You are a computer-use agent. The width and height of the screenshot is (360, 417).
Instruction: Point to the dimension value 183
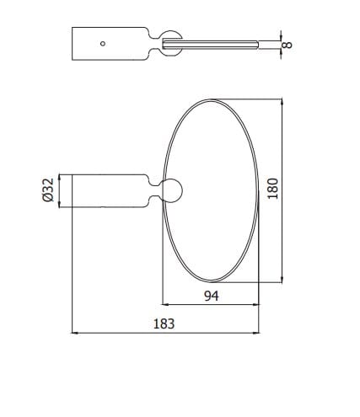(166, 324)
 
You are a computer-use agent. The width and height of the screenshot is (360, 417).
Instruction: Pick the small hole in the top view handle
(102, 43)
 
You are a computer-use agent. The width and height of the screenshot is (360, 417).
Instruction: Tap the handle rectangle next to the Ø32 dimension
(110, 190)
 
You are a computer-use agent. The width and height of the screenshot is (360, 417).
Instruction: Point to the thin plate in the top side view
(219, 43)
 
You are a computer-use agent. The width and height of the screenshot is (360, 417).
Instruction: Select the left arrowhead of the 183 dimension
(75, 334)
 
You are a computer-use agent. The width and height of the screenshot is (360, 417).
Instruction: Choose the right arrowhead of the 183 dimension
(257, 334)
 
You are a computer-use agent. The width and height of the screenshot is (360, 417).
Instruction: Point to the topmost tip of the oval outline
(211, 99)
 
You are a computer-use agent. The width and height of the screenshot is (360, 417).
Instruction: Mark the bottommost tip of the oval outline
(211, 283)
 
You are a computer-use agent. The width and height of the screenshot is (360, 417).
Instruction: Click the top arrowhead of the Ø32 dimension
(60, 177)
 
